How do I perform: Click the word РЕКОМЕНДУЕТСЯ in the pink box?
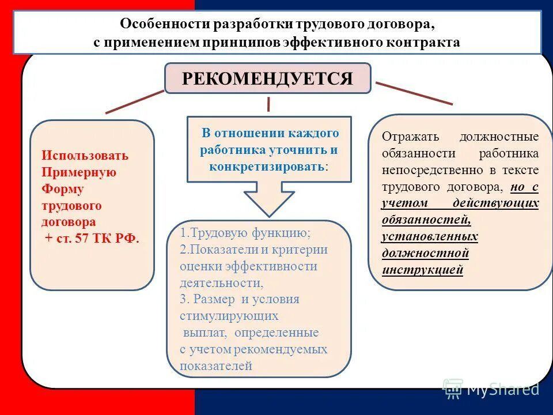(x=267, y=78)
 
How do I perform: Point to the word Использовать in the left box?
(x=85, y=156)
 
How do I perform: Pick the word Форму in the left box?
(x=63, y=189)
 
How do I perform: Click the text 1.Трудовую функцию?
(x=245, y=233)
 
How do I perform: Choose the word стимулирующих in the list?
(x=229, y=316)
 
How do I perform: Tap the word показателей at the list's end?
(x=216, y=365)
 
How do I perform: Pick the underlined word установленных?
(x=430, y=237)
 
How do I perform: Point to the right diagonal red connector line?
(x=414, y=93)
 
